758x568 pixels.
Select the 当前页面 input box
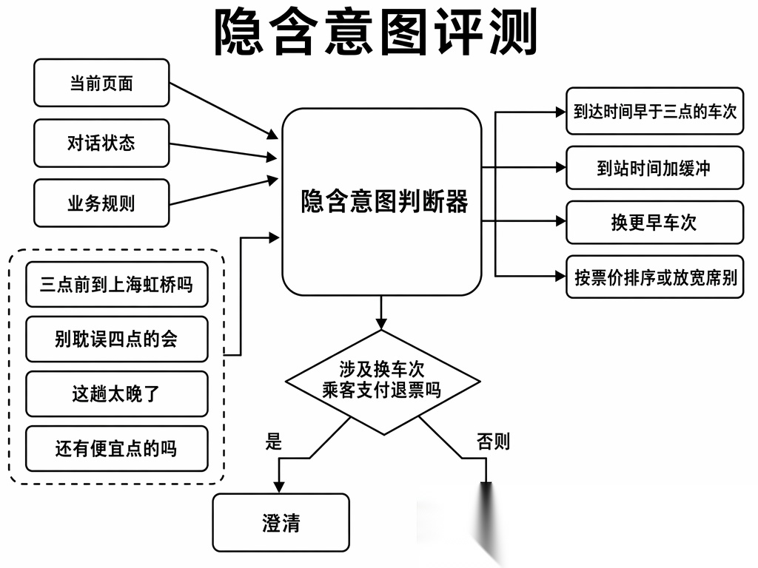pyautogui.click(x=101, y=83)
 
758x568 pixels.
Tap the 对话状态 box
pyautogui.click(x=101, y=143)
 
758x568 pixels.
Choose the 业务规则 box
pyautogui.click(x=101, y=203)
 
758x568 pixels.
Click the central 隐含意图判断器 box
pyautogui.click(x=382, y=201)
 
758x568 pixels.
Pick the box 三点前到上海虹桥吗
pyautogui.click(x=116, y=284)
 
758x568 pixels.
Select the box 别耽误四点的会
pyautogui.click(x=116, y=339)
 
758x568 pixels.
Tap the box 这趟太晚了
pyautogui.click(x=116, y=393)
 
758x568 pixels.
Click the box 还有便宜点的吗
pyautogui.click(x=116, y=448)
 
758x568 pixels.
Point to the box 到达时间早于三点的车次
pyautogui.click(x=654, y=111)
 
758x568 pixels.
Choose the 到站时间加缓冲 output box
pyautogui.click(x=654, y=168)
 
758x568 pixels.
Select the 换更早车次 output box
pyautogui.click(x=654, y=222)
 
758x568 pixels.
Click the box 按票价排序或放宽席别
pyautogui.click(x=654, y=277)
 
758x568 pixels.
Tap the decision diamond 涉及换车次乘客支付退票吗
pyautogui.click(x=383, y=382)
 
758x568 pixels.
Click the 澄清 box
pyautogui.click(x=281, y=523)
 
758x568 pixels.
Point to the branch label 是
pyautogui.click(x=274, y=442)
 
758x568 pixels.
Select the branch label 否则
pyautogui.click(x=493, y=442)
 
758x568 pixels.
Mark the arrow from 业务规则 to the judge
pyautogui.click(x=224, y=192)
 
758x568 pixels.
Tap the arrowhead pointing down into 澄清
pyautogui.click(x=279, y=487)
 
